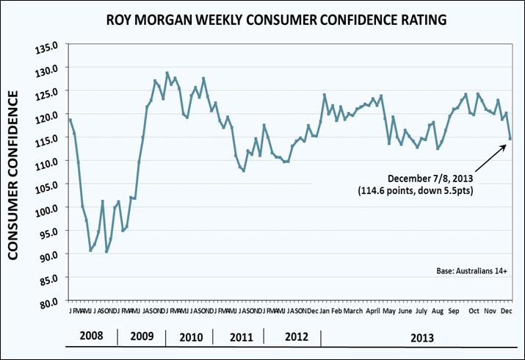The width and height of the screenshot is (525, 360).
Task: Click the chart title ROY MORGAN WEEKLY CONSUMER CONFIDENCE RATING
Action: click(262, 19)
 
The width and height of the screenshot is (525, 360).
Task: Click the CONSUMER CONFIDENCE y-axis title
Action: click(13, 176)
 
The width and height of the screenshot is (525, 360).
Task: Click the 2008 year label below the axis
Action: click(90, 338)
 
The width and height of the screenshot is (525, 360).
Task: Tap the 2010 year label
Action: click(189, 338)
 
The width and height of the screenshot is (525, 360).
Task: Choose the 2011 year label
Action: click(236, 338)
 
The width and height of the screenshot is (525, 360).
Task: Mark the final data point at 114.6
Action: click(510, 138)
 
